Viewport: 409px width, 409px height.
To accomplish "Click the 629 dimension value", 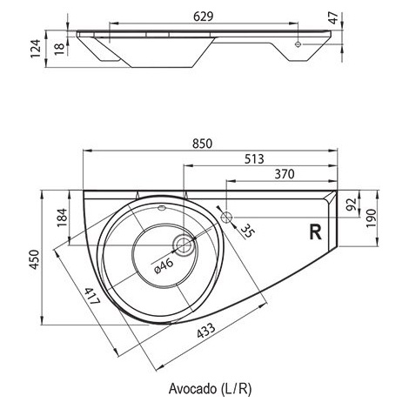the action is (x=203, y=17).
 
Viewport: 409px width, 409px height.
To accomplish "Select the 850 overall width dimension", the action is (x=202, y=144).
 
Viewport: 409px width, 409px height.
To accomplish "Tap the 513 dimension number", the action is (x=254, y=159).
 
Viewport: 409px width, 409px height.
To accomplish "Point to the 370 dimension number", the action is (x=285, y=174).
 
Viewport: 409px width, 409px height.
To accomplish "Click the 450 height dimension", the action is (x=35, y=259).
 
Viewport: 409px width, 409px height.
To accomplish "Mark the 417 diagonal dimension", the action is (x=92, y=296).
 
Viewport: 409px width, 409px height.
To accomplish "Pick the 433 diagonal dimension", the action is (x=206, y=331).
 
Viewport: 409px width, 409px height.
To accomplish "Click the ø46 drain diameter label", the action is (x=164, y=266).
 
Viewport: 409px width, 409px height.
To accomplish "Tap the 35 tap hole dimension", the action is (x=247, y=231).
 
